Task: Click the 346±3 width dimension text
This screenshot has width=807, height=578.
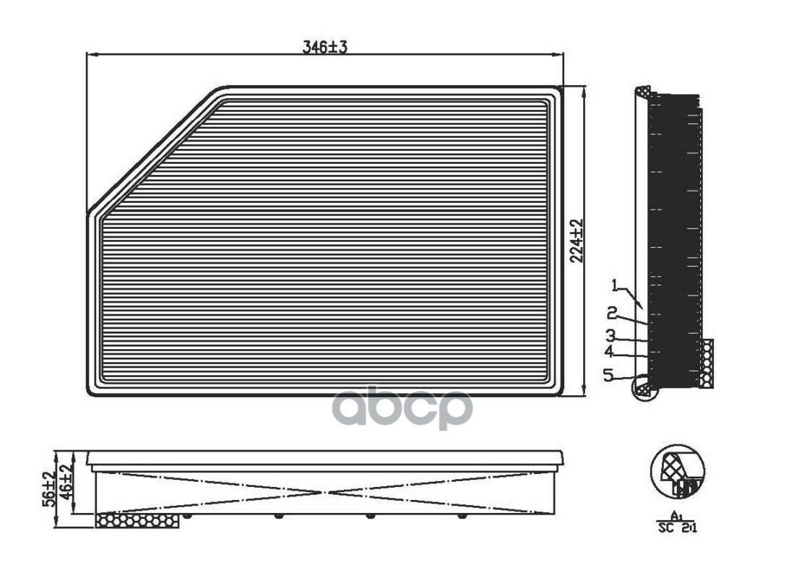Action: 325,47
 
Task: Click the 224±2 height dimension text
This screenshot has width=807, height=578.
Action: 577,241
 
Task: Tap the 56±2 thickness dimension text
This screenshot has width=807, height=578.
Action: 48,489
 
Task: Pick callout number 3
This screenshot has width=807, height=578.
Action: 610,336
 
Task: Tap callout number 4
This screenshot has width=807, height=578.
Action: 609,352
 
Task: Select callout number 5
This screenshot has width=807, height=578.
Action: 608,375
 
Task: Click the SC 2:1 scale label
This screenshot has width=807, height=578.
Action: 677,528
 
